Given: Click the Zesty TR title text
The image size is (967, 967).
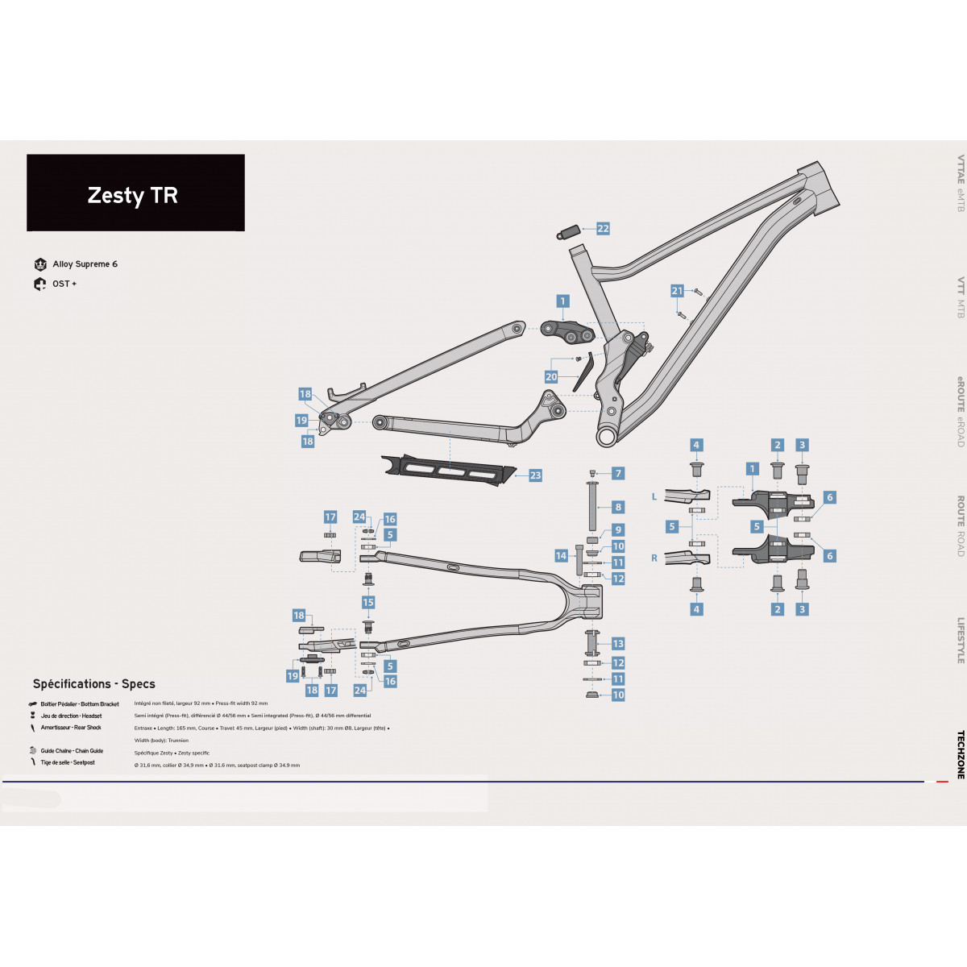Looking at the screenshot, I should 133,196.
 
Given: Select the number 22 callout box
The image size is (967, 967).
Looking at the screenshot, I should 603,229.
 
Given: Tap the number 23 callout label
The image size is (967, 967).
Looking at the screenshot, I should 535,475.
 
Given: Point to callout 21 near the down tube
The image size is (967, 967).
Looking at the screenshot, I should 677,291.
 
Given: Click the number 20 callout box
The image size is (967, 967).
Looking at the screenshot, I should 551,376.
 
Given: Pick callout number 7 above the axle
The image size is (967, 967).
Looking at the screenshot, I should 618,474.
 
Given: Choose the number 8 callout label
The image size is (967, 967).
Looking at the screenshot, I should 618,507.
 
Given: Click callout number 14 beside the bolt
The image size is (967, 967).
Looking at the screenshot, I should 561,556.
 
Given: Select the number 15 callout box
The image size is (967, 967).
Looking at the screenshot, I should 368,603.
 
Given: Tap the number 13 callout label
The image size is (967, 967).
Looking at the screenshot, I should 618,644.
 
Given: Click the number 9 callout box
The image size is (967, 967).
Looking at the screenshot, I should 618,530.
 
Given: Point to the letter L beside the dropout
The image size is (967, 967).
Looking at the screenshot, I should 654,497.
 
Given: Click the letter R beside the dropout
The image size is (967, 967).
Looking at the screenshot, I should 654,558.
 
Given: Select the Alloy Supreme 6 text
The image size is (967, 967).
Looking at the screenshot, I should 85,264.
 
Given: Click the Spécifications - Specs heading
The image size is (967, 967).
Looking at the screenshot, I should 94,684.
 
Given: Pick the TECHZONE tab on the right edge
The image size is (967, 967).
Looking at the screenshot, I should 961,754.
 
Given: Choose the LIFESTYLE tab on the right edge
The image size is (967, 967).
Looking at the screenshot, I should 961,641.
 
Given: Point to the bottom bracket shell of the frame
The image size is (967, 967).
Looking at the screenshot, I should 607,436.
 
